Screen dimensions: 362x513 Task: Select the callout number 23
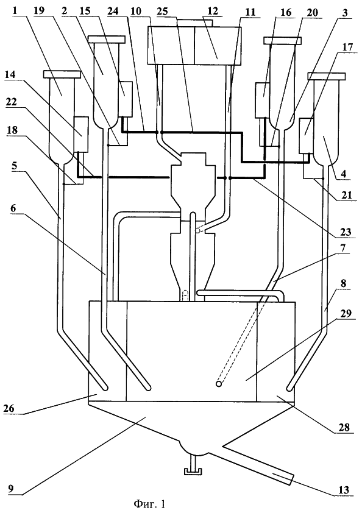(x=345, y=232)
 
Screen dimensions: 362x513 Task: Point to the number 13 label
(x=342, y=489)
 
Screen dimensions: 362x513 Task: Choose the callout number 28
(x=344, y=427)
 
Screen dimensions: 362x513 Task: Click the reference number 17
(x=347, y=48)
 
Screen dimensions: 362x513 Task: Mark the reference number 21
(x=347, y=196)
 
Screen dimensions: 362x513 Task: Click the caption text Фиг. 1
(x=149, y=503)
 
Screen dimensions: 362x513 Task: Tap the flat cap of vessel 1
(x=62, y=74)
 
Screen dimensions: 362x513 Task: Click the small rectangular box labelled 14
(x=81, y=135)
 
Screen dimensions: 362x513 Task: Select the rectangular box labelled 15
(x=126, y=99)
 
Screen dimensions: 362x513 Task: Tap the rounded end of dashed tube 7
(x=219, y=384)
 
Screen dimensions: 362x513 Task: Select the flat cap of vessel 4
(x=326, y=77)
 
